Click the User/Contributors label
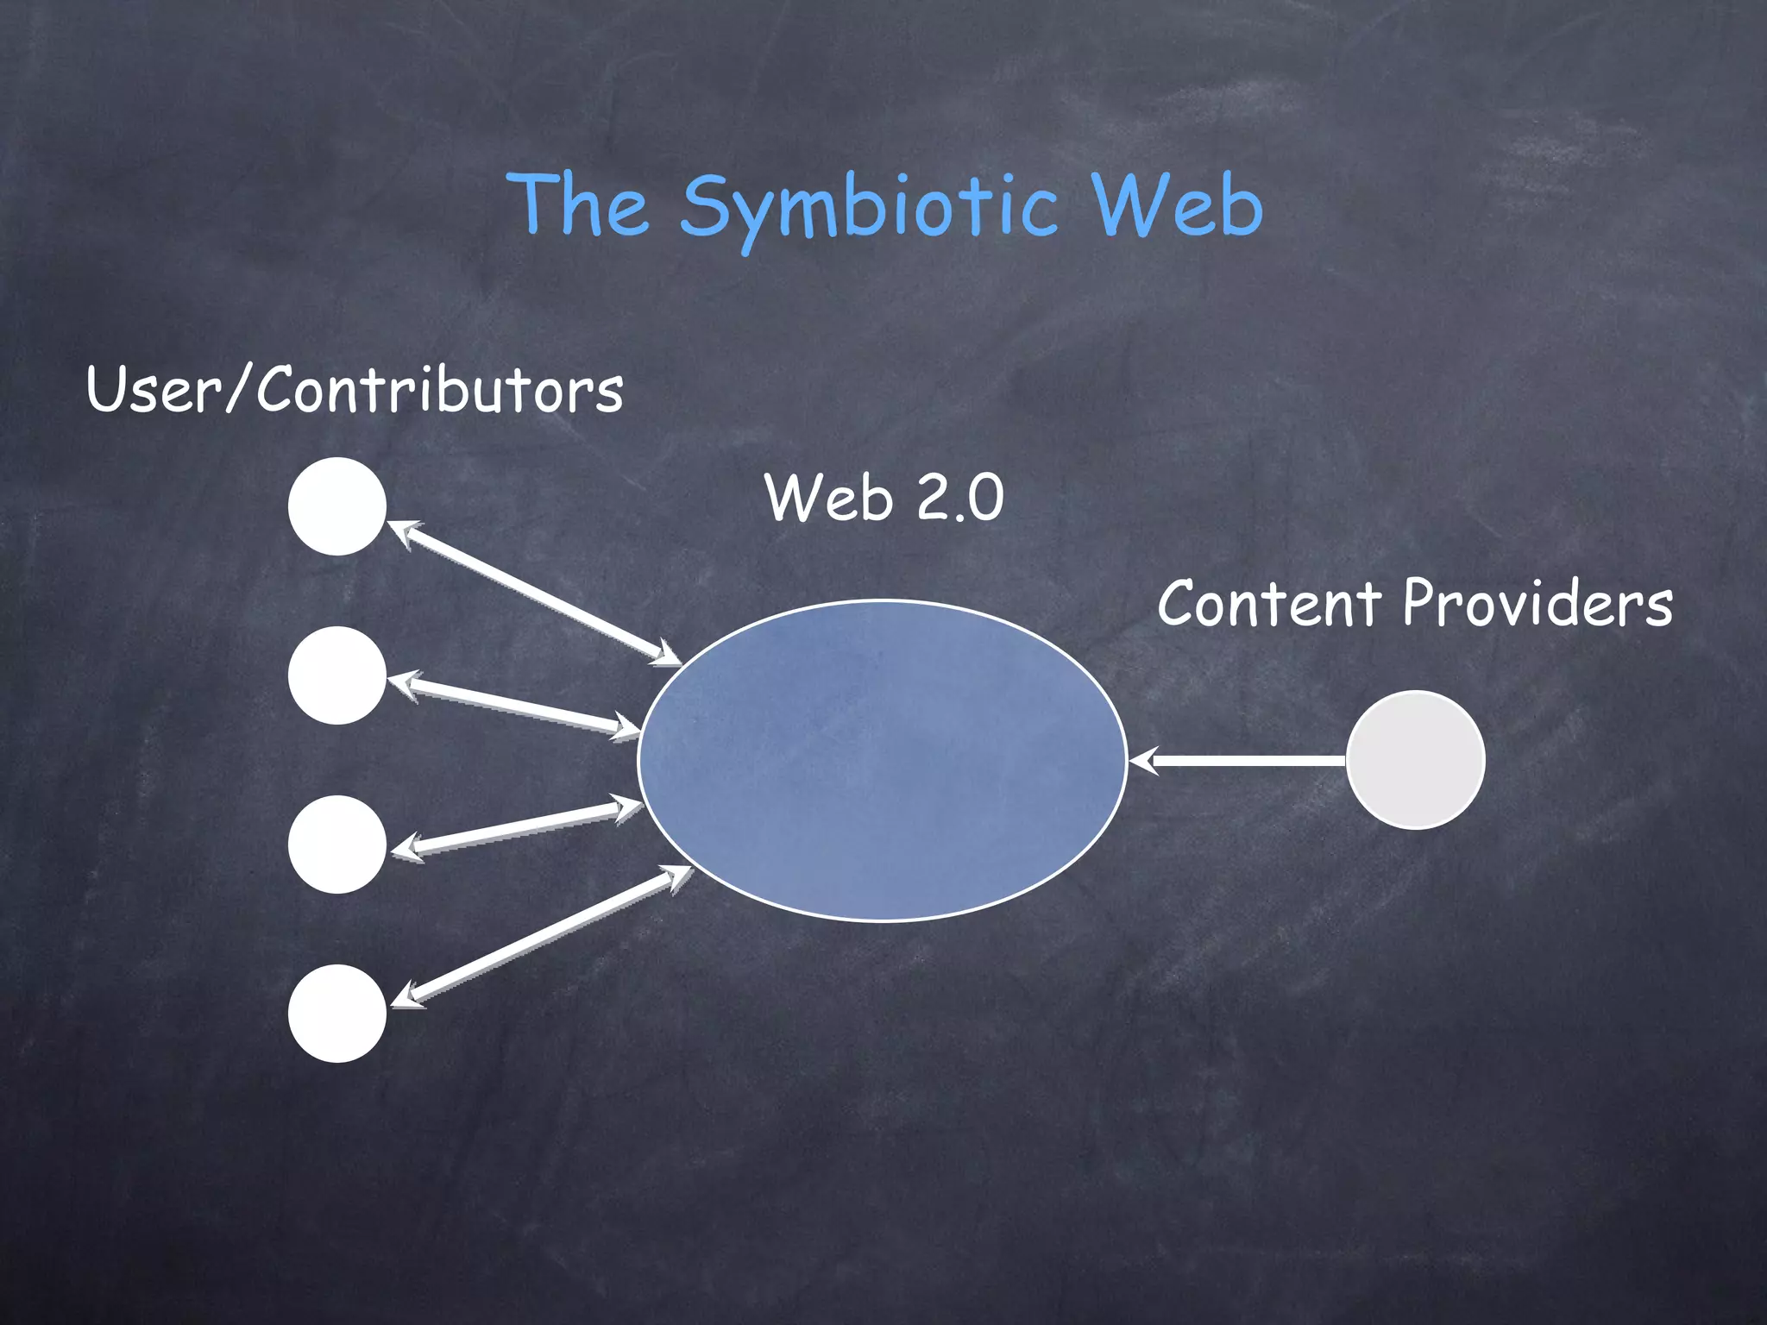point(355,390)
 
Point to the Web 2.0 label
point(884,498)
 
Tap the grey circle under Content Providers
point(1415,760)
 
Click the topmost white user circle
point(337,506)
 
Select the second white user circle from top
point(337,675)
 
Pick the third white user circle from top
point(337,845)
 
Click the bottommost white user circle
point(337,1014)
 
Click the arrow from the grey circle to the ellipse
point(1242,760)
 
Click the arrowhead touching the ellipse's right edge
point(1141,760)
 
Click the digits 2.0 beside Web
point(959,498)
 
